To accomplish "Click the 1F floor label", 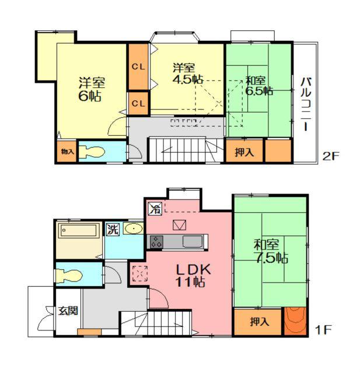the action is [x=323, y=330].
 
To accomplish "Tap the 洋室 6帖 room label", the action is [x=92, y=89].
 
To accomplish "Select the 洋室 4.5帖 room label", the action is [x=188, y=73].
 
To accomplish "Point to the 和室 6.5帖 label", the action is [x=259, y=86].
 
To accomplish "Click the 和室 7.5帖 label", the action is [x=271, y=251].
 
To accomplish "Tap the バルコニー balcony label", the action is [x=306, y=104].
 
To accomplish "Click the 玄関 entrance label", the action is [x=68, y=311].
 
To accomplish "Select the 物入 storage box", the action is [x=67, y=152].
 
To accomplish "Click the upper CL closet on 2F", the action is [x=138, y=67].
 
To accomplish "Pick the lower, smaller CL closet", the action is [x=138, y=104].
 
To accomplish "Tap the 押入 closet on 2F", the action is [x=244, y=152].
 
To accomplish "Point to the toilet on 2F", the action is [x=92, y=152].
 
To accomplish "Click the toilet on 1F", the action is [x=69, y=276].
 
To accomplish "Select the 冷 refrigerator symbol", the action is [x=155, y=209].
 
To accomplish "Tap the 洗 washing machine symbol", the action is [x=113, y=230].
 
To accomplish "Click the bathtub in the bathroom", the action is [x=79, y=230].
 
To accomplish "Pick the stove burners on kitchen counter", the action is [x=156, y=242].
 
